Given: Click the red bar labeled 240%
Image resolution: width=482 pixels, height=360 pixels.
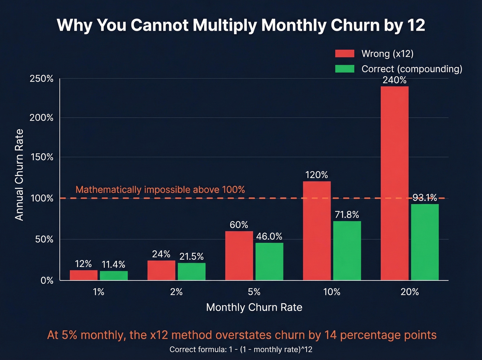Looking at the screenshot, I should (x=395, y=183).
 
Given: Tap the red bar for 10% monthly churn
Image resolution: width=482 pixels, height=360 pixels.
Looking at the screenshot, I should (x=317, y=230).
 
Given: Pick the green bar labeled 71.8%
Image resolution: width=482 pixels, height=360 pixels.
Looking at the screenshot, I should (x=347, y=250).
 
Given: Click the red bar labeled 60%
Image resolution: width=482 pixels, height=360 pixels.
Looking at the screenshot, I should (x=239, y=255).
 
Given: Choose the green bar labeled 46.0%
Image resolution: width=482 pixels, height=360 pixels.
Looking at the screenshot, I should (x=269, y=261).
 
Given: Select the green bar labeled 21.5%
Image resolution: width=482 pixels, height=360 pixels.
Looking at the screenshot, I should (x=191, y=271).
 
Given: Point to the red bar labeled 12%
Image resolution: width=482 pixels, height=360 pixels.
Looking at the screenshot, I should (x=84, y=275).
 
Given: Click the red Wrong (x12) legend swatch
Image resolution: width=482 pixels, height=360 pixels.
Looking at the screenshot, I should (x=345, y=53).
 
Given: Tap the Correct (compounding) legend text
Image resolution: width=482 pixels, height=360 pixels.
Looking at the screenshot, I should (x=412, y=69).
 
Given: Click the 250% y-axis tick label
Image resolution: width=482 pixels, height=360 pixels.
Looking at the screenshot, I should (x=41, y=79).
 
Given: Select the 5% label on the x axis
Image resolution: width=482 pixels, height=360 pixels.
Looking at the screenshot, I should (x=254, y=292).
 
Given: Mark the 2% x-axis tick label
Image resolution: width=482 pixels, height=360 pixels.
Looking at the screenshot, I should (x=176, y=292).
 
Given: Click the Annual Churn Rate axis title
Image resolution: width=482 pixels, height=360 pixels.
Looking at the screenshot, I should (x=19, y=175).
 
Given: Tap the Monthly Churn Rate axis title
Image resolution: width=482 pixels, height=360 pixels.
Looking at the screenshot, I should (x=254, y=307).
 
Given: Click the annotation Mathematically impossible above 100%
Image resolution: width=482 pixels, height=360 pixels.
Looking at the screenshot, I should (x=160, y=189).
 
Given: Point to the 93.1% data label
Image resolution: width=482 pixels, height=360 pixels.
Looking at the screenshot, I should (x=425, y=198).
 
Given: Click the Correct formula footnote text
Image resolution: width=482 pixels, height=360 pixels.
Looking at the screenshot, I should (x=241, y=349).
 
